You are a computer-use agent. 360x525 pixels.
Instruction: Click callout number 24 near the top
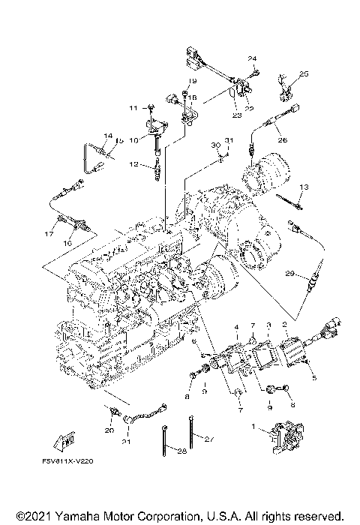(252, 58)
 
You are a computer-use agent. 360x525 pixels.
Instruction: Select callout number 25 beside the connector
(304, 73)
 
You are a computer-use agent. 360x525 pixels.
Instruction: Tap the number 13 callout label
(304, 186)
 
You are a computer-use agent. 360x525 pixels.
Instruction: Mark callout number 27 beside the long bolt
(209, 439)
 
